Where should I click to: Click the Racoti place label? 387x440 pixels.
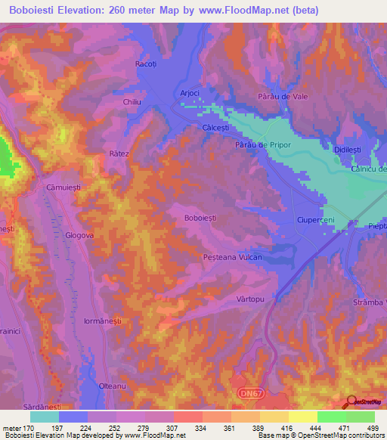pos(145,64)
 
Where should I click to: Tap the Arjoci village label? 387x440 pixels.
pos(189,93)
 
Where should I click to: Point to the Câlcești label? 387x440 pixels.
pos(215,129)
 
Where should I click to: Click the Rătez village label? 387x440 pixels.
pos(119,153)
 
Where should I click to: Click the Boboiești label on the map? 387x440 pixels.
pos(200,218)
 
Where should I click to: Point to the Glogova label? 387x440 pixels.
pos(79,235)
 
